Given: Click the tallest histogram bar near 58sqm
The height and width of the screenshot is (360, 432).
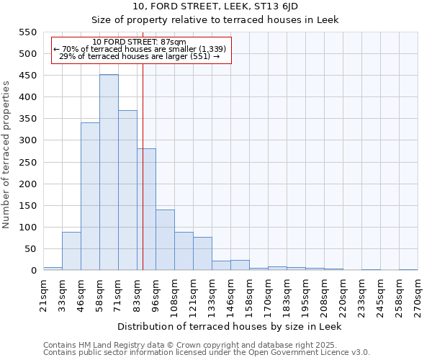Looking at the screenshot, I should coord(109,173).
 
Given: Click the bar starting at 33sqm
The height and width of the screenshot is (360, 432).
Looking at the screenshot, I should coord(71,251).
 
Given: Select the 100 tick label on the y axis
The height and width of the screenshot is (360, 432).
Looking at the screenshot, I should coord(27,228).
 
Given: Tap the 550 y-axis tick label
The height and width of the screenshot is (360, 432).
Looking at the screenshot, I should coord(27,32).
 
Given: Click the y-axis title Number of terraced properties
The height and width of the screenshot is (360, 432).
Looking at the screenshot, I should coord(6,155).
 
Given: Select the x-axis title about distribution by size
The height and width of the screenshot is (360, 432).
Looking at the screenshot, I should coord(230,326).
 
